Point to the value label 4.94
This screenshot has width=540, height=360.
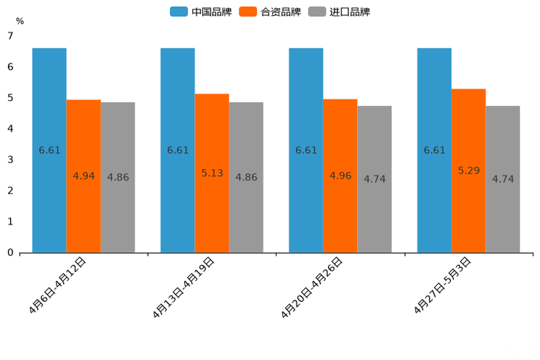pos(83,176)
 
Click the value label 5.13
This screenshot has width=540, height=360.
pos(212,173)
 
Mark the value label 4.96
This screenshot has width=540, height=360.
pos(340,176)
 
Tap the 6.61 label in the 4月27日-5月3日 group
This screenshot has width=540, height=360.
pos(434,150)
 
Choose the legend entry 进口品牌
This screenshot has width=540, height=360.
pos(339,12)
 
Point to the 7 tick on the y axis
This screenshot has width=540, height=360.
pos(10,36)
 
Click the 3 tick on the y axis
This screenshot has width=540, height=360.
pos(10,160)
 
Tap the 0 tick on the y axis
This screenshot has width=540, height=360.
pos(10,253)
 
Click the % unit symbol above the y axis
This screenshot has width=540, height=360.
pos(20,21)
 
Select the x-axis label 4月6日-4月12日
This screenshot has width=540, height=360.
pos(58,285)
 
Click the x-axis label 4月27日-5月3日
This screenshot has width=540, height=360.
pos(443,285)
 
